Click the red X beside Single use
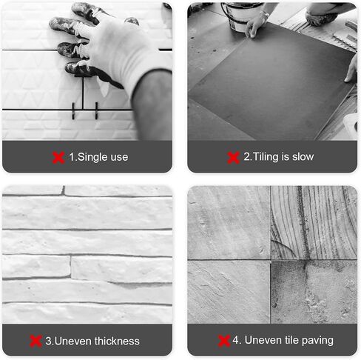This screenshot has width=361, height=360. pos(58,158)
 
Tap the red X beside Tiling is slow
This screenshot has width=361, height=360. pos(233,158)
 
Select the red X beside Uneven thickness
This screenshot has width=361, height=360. pos(36,341)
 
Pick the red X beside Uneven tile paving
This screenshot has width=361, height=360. pos(224,341)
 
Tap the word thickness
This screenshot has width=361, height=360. pos(117,341)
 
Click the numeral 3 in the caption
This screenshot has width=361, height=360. pos(48,341)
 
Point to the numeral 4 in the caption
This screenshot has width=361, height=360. pos(235,340)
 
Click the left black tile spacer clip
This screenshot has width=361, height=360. pos(73,111)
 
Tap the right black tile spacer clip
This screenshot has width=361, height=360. pos(96,110)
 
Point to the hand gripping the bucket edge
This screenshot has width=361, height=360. pos(254,27)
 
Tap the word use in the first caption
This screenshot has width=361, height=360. pos(119,158)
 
